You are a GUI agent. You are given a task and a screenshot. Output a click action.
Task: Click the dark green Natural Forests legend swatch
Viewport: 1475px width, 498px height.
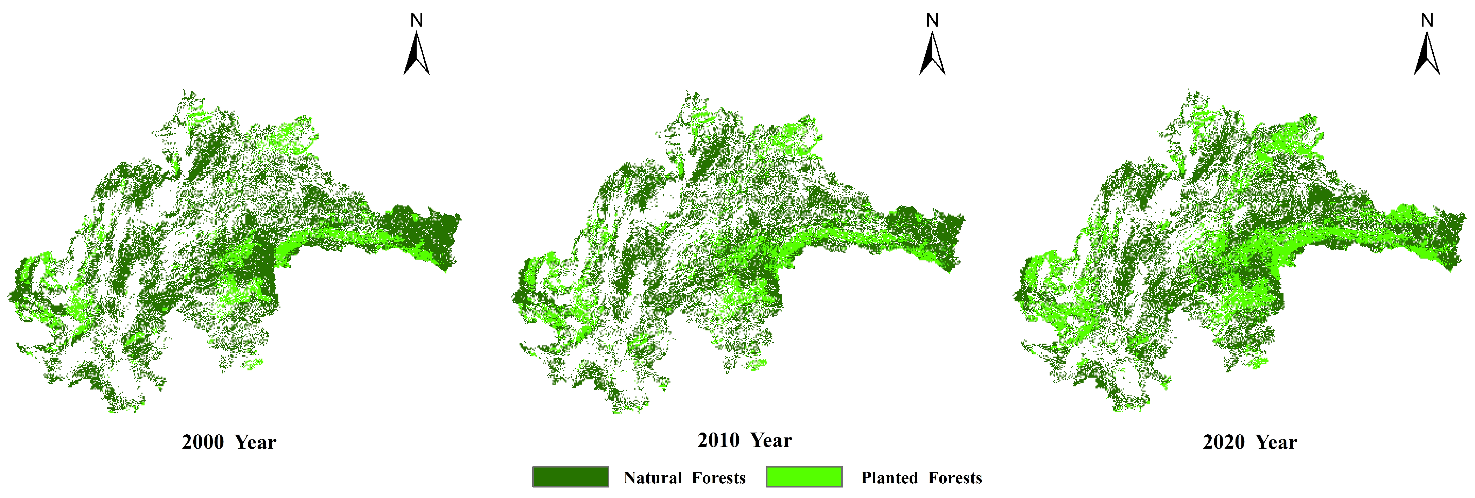tap(570, 477)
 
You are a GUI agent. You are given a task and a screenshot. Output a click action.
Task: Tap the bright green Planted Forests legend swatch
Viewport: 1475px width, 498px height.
tap(804, 477)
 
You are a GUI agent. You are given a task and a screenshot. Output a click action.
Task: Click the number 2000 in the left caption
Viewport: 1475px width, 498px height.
tap(203, 442)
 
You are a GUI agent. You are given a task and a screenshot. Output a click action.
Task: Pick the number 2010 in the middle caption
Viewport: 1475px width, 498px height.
tap(718, 440)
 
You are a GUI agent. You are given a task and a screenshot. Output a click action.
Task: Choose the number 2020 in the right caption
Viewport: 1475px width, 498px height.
tap(1224, 442)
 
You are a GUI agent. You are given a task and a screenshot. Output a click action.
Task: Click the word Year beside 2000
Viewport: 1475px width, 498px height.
tap(255, 442)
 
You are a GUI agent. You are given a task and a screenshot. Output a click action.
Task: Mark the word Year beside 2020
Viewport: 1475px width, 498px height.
tap(1276, 442)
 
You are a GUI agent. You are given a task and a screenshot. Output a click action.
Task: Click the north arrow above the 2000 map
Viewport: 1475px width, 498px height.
tap(417, 54)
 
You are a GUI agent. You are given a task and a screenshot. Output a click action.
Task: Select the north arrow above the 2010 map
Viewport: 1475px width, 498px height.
tap(932, 54)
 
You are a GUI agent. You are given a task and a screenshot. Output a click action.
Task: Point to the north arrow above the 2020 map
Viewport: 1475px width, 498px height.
tap(1427, 54)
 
